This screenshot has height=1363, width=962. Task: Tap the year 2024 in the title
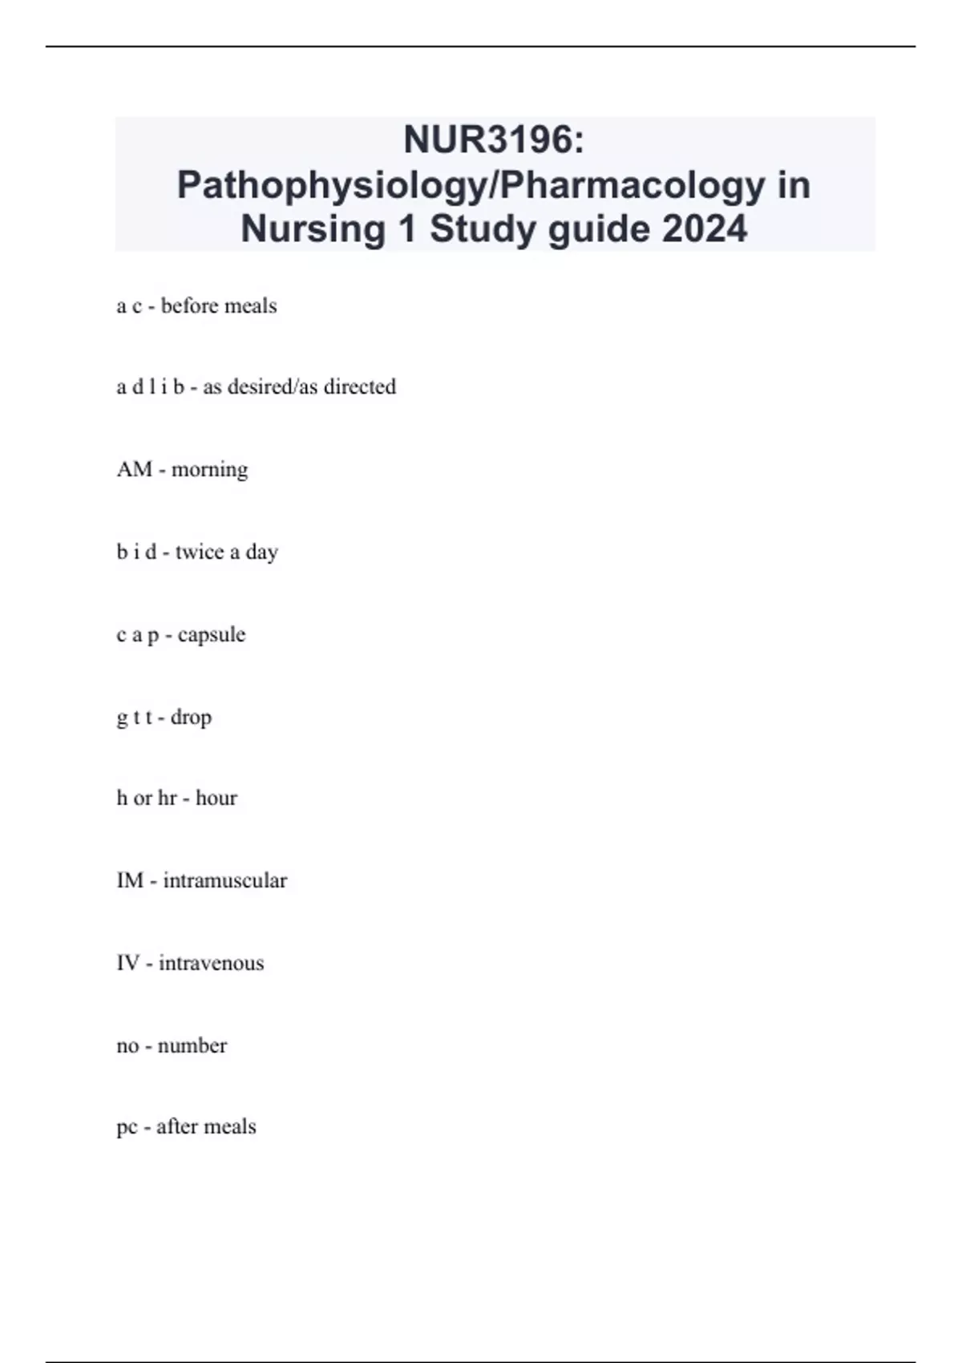705,229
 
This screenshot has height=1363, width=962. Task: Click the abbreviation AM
134,469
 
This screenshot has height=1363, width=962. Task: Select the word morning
209,470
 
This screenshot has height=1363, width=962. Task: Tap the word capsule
212,635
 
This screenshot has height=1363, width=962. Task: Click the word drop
191,717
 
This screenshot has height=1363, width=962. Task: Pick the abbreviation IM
130,880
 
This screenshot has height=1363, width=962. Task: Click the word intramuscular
224,880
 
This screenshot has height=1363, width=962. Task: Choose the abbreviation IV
128,963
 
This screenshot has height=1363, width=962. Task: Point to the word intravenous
211,963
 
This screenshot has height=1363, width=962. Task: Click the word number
192,1046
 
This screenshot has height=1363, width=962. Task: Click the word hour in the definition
216,798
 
